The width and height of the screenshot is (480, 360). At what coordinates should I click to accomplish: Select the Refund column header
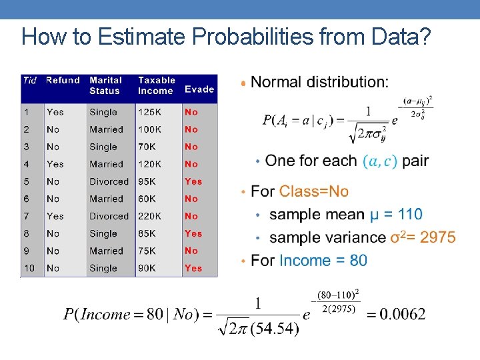coord(63,81)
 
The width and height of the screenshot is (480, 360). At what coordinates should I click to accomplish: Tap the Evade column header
coord(199,89)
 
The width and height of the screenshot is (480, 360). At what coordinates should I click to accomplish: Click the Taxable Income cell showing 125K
coord(150,112)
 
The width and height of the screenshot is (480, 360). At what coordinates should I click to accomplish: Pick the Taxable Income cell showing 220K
coord(151,216)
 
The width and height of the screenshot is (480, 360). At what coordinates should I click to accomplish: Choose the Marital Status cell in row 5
coord(109,181)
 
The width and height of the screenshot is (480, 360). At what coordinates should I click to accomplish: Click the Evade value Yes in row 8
coord(193,233)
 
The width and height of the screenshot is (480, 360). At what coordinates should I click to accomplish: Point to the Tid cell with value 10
coord(30,268)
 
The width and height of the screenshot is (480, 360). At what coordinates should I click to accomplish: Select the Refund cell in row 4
coord(55,164)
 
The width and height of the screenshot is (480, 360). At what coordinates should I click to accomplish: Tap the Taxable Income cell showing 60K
coord(147,199)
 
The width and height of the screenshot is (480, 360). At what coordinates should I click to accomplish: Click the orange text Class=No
coord(314,192)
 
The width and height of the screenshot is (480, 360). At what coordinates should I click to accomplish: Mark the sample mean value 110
coord(409,215)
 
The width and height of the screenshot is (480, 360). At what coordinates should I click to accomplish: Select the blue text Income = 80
coord(323,260)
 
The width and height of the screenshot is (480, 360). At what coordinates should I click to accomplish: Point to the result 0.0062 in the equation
coord(402,314)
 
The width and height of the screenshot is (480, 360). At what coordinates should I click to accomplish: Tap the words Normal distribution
coord(319,82)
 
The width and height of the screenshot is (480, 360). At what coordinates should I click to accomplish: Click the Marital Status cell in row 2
coord(106,129)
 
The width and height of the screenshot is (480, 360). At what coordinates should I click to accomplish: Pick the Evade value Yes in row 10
coord(193,268)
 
